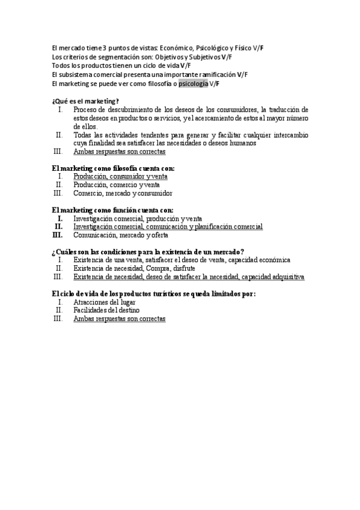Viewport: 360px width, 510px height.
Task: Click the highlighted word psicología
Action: (193, 84)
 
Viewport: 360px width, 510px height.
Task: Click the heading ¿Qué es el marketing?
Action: (85, 101)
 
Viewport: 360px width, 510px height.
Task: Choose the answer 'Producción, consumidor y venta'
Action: (120, 177)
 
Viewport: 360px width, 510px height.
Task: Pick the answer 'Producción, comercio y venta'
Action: (117, 185)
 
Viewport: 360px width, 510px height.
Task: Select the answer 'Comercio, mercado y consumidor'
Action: (123, 194)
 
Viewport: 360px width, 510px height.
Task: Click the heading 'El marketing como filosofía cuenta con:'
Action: (113, 168)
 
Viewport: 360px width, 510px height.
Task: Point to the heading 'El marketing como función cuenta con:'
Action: (112, 210)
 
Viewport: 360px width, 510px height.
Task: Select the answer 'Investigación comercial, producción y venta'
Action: (138, 219)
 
